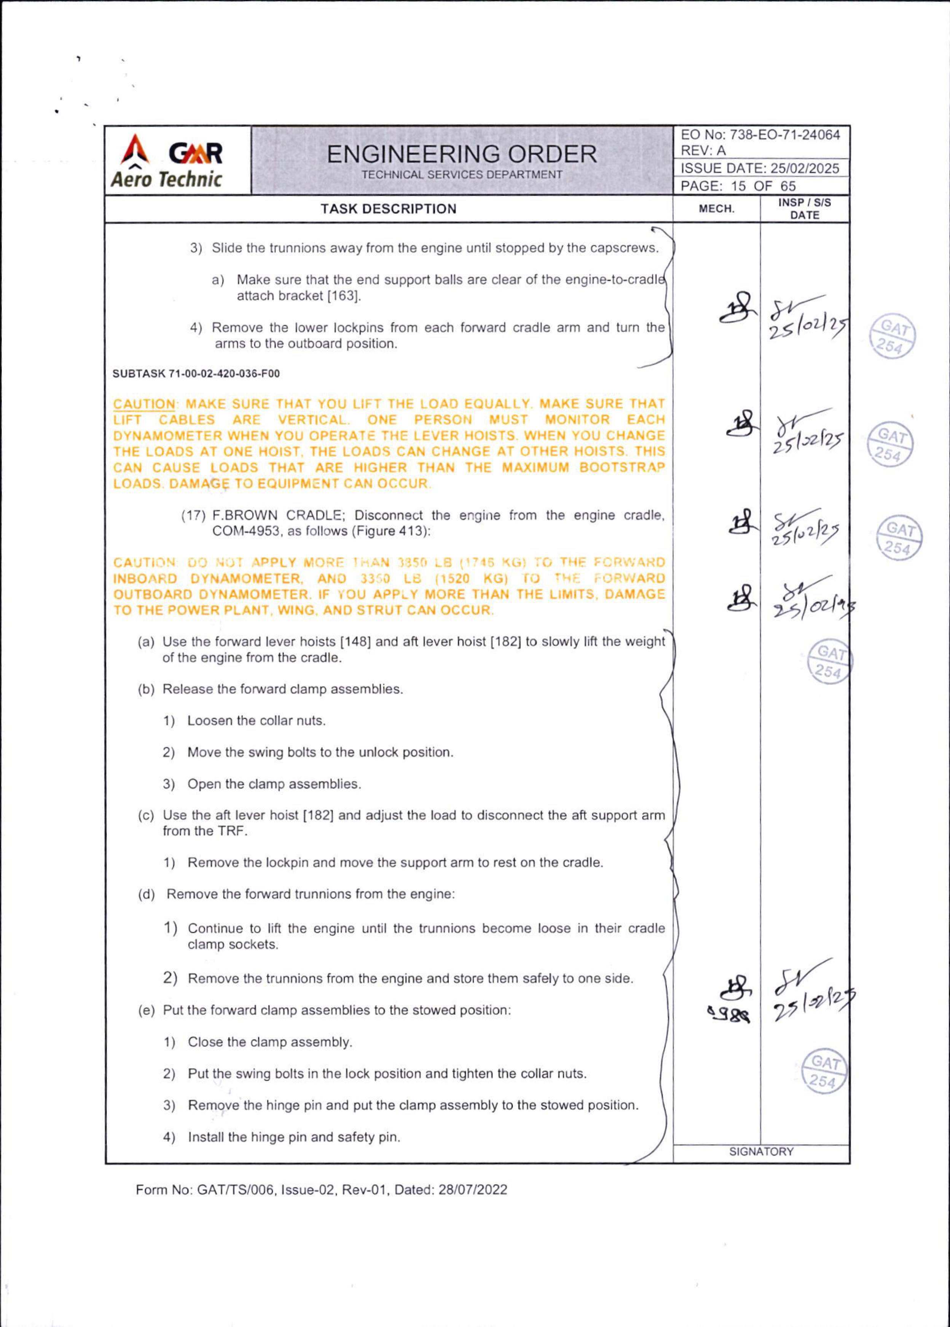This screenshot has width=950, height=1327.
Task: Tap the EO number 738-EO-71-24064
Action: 785,135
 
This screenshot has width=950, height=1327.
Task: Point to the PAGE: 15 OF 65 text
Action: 738,186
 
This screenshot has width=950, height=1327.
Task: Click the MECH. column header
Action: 717,209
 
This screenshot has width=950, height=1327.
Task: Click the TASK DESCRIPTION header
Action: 389,209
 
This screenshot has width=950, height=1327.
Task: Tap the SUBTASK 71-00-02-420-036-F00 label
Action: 196,374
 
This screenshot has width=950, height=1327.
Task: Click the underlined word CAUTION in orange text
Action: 144,404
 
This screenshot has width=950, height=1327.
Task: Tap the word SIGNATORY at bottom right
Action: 761,1152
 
